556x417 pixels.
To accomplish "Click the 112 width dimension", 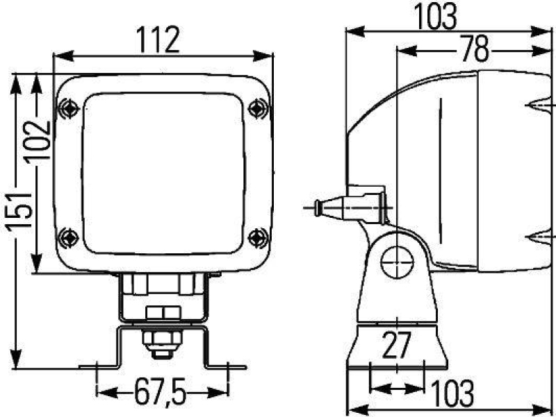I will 159,40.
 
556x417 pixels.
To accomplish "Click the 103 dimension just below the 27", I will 452,393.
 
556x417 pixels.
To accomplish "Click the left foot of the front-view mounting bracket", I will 97,366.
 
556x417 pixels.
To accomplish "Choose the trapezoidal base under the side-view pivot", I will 397,347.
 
